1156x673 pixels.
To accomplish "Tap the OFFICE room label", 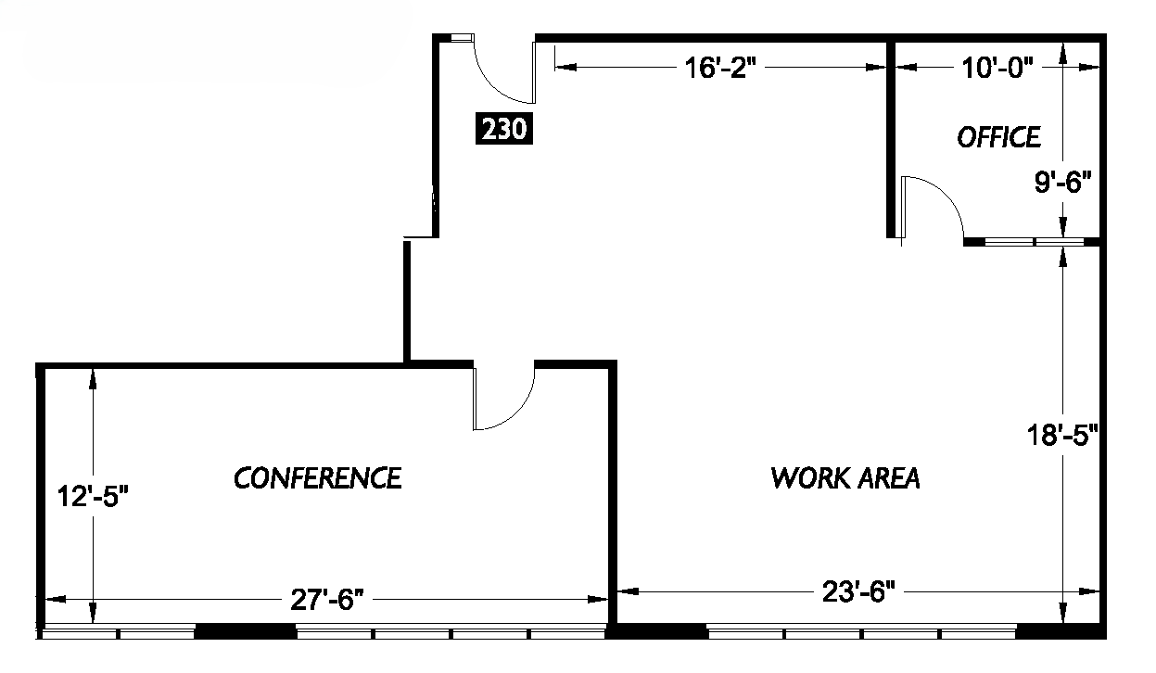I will point(998,138).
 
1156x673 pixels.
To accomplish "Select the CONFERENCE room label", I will point(318,478).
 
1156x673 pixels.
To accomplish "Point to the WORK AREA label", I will point(845,478).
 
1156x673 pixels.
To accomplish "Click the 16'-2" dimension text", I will point(716,69).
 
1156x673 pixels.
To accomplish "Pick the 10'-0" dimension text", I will point(997,69).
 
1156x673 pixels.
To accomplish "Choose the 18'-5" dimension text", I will point(1062,435).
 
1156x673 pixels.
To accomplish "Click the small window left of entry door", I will point(461,38).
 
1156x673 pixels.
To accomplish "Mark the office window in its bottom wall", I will point(1034,242).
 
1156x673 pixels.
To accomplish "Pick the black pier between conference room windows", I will point(245,632).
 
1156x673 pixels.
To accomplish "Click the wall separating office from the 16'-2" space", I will point(889,139).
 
